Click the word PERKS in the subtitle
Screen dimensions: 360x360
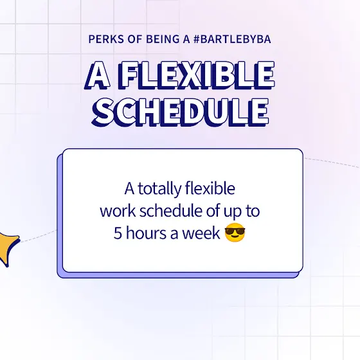(x=106, y=39)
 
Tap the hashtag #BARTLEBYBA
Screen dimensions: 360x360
(x=232, y=39)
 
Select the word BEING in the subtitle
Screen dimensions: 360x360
(x=163, y=39)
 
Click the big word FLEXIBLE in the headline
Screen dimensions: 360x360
(x=197, y=75)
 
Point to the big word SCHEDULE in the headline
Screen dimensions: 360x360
(x=180, y=112)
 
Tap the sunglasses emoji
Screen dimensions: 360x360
(x=235, y=232)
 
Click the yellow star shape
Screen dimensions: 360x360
(x=8, y=248)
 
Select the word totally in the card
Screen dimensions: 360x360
(x=160, y=189)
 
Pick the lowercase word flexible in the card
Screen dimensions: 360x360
(x=210, y=188)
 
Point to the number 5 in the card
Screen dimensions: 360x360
(x=118, y=233)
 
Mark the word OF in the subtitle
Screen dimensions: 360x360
(x=135, y=39)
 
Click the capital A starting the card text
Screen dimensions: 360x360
(x=129, y=189)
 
